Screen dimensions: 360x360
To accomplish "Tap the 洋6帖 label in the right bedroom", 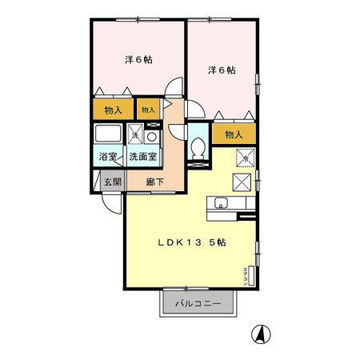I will [x=222, y=70].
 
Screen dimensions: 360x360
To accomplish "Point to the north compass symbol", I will [x=259, y=332].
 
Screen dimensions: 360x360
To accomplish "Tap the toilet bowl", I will [x=198, y=149].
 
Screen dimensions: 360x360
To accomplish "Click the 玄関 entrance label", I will [x=112, y=182].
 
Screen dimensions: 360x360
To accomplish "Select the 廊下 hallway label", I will [x=155, y=182].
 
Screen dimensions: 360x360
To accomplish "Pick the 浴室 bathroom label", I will [x=107, y=158].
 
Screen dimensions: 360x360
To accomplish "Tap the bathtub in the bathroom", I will [x=108, y=134].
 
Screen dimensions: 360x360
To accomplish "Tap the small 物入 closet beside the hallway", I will [x=149, y=108].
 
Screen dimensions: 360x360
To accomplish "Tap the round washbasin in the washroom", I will [x=152, y=135].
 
